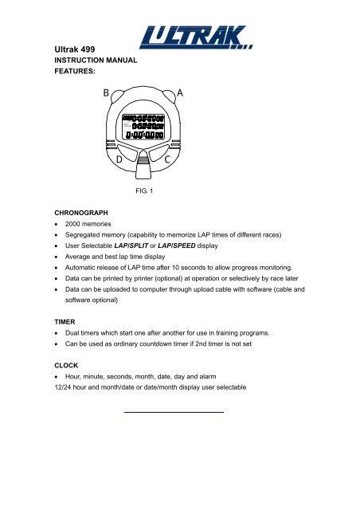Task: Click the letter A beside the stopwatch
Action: (x=180, y=93)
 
